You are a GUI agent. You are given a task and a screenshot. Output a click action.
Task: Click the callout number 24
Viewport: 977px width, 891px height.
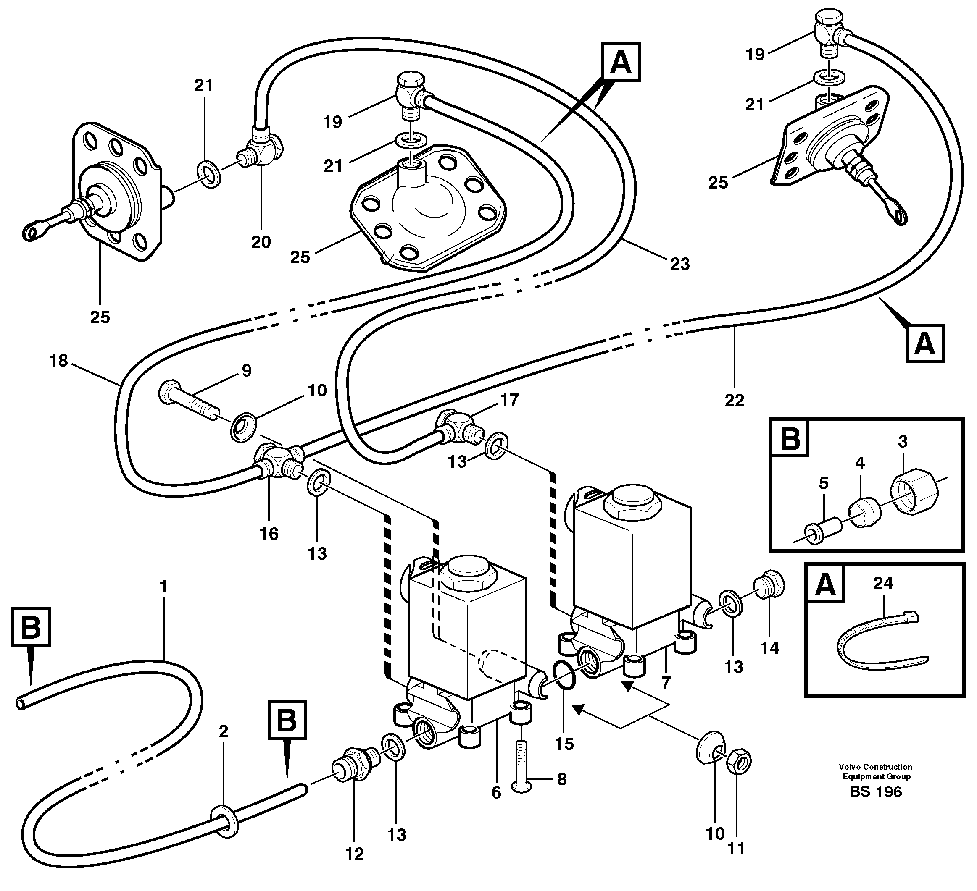click(x=882, y=583)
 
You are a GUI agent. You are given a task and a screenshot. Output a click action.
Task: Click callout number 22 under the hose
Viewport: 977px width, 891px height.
click(x=734, y=401)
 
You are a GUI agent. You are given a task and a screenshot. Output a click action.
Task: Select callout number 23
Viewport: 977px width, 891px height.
click(x=679, y=264)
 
